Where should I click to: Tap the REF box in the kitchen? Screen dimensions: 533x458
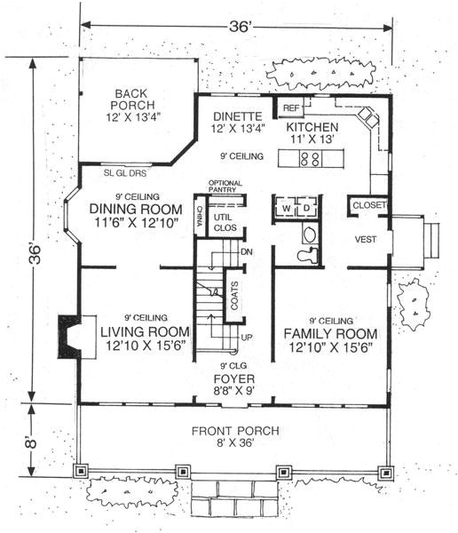[x=291, y=107]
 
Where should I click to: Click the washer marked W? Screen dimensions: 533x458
[x=287, y=208]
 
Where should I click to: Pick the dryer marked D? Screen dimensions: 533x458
[x=305, y=208]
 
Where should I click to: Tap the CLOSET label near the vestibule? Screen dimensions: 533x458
[x=368, y=205]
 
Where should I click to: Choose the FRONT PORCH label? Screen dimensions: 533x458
[x=234, y=432]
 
